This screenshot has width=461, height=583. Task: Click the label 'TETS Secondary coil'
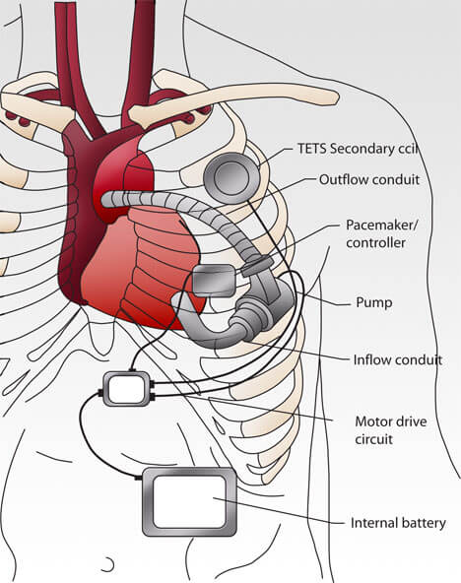[x=358, y=149]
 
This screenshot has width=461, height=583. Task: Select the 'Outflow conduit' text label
[x=369, y=179]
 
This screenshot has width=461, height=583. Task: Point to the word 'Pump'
[x=374, y=302]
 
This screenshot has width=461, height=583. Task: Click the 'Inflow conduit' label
[x=398, y=359]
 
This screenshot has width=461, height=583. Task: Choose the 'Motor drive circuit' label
[x=391, y=430]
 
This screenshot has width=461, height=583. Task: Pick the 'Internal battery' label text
[x=398, y=523]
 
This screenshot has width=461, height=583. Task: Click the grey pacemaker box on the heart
[x=214, y=281]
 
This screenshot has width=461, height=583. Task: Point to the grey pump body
[x=260, y=308]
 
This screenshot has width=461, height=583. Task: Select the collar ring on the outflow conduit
[x=257, y=266]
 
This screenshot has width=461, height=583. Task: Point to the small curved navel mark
[x=109, y=565]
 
